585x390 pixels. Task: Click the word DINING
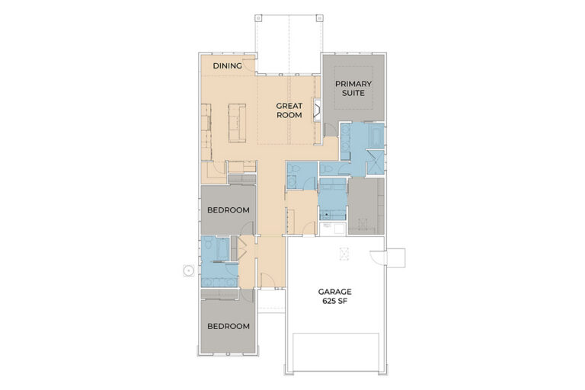coord(227,66)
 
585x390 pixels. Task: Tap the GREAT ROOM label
coord(289,110)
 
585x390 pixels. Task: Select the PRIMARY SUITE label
coord(353,88)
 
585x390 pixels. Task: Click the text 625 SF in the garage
coord(334,301)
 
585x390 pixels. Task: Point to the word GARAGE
coord(334,292)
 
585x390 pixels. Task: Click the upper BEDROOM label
coord(229,210)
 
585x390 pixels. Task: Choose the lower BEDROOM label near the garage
coord(229,326)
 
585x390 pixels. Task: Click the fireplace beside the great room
coord(317,110)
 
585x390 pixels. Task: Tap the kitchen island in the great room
coord(238,123)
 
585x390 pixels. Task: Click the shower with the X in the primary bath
coord(375,162)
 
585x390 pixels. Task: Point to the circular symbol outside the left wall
coord(189,270)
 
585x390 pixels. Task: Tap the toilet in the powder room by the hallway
coord(295,170)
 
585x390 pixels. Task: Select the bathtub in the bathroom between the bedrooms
coord(222,248)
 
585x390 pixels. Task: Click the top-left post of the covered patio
coord(258,18)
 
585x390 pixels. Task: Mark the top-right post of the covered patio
coord(320,18)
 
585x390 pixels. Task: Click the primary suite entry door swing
coord(330,130)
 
